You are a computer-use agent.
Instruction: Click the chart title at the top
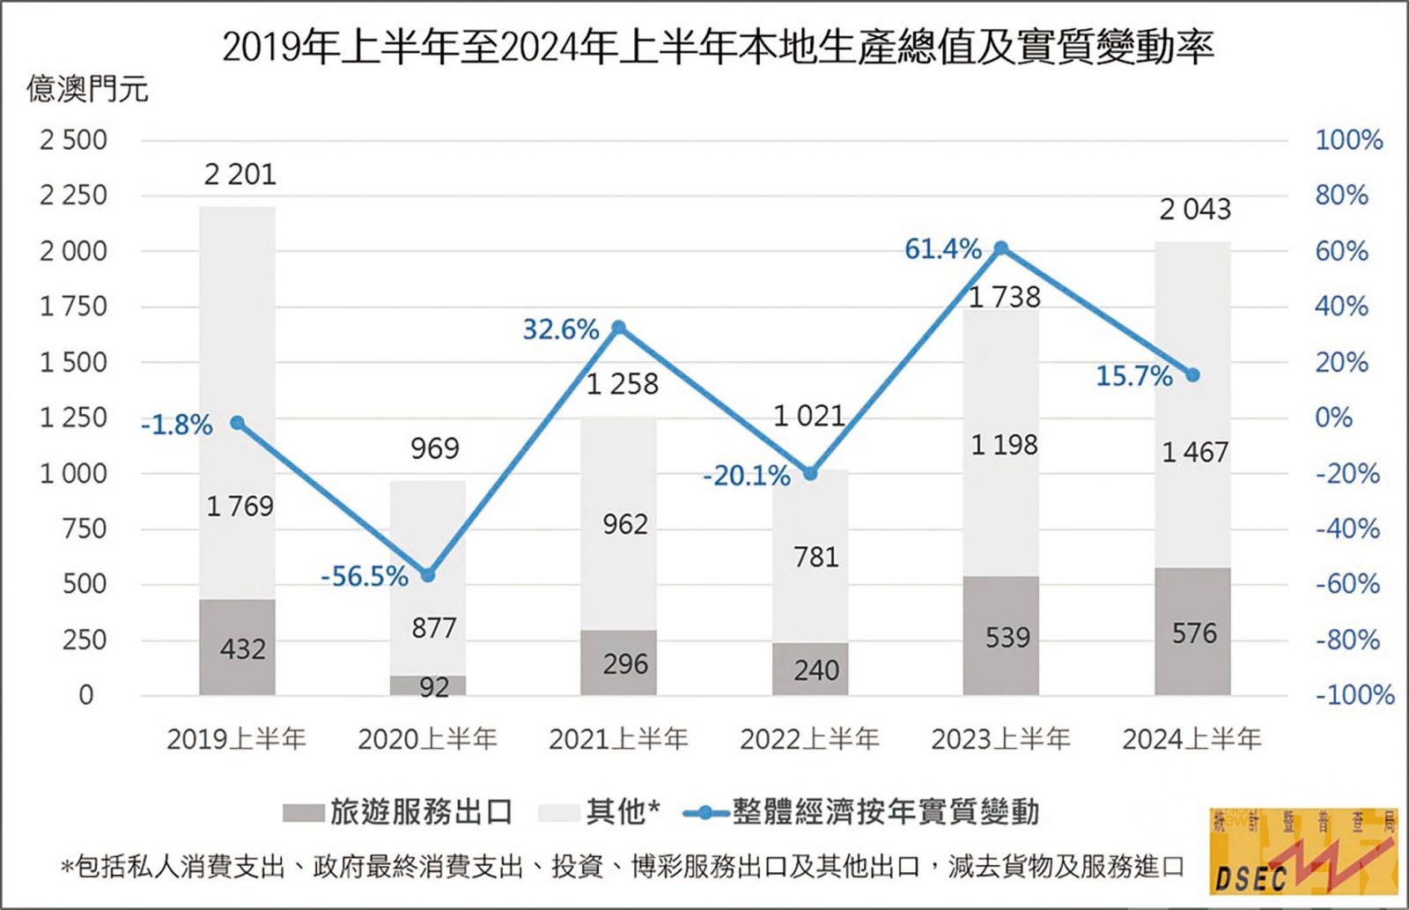coord(718,48)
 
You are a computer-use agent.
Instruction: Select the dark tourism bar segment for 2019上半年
coord(237,647)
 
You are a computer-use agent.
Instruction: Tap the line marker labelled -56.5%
coord(428,575)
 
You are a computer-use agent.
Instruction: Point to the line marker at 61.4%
coord(1001,249)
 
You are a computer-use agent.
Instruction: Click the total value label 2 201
coord(240,174)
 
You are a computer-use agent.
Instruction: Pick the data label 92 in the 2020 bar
coord(434,686)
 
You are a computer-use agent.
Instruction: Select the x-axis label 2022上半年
coord(809,738)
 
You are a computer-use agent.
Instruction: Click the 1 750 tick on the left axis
coord(73,307)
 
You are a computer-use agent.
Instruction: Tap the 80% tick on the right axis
coord(1341,195)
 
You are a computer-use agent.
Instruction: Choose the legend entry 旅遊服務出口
coord(397,811)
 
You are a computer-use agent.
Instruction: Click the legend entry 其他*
coord(600,811)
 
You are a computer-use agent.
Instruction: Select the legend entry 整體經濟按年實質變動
coord(863,811)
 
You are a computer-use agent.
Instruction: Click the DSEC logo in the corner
coord(1304,849)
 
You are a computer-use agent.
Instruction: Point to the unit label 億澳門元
coord(87,89)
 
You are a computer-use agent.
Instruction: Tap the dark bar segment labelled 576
coord(1192,632)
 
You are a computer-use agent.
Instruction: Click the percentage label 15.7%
coord(1134,377)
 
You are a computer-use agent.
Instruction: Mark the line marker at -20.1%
coord(811,474)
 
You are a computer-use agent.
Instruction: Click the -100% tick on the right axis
coord(1354,695)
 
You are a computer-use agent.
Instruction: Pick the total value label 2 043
coord(1194,210)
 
